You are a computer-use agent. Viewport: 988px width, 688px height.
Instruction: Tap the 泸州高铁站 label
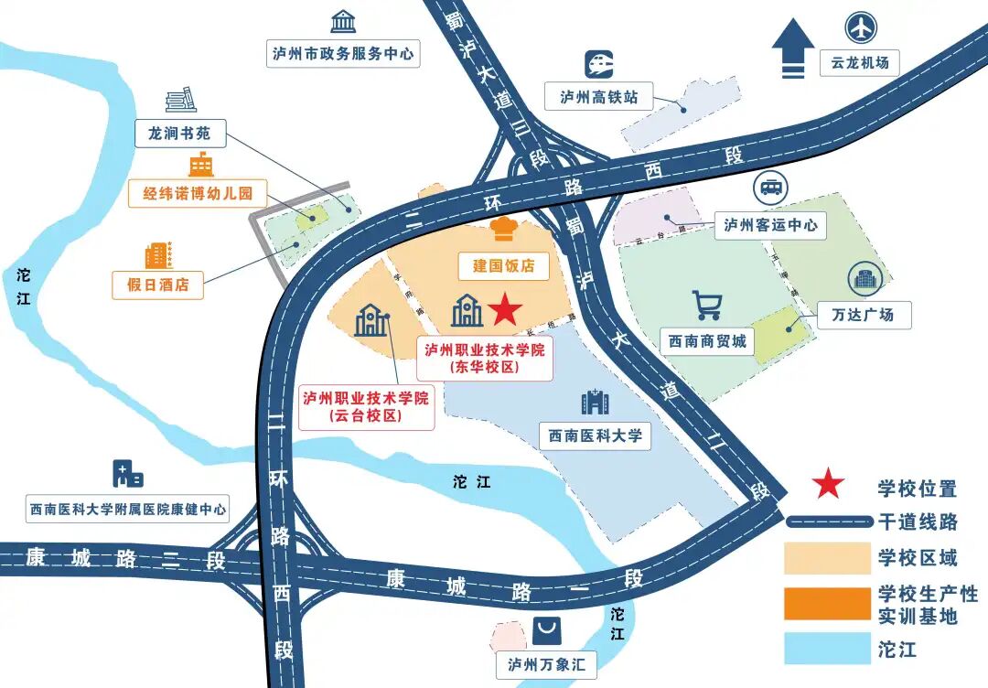598,97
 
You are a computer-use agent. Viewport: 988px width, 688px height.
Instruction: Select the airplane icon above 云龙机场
861,27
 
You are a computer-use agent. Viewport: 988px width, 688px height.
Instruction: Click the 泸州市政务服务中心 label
343,54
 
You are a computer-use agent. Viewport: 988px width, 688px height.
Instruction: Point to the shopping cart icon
706,306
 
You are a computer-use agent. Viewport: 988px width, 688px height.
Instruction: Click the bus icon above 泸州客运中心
770,188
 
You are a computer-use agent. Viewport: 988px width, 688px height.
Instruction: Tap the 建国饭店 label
504,266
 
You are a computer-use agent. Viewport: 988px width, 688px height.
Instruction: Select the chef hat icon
504,228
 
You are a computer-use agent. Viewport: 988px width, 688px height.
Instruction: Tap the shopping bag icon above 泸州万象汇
547,629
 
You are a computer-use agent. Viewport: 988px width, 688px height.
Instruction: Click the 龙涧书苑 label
179,134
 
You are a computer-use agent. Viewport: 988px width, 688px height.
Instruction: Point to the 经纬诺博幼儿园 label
198,193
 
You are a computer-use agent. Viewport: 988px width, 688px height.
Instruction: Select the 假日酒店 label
158,285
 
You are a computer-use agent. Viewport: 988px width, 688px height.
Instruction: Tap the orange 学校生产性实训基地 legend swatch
826,604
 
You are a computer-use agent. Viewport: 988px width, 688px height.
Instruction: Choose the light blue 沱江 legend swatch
826,649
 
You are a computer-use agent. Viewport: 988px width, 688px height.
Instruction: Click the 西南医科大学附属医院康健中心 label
127,510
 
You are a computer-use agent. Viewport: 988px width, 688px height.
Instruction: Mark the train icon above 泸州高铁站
598,64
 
